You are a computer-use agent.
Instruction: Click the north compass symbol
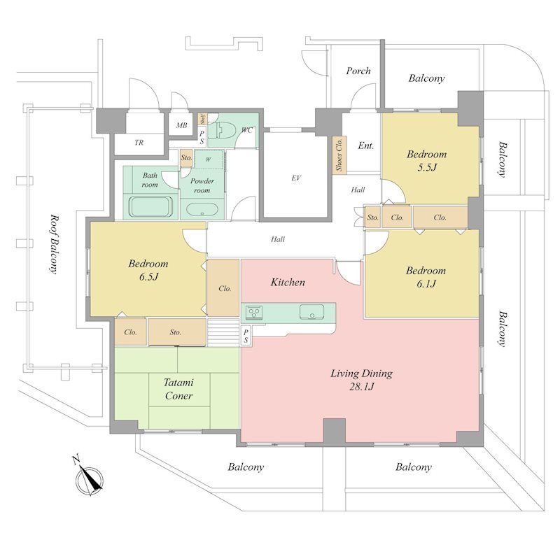[x=89, y=478]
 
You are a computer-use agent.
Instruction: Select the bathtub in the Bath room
[x=150, y=207]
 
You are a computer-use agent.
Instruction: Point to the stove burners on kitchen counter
[x=254, y=312]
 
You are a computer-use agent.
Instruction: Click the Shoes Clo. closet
[x=339, y=155]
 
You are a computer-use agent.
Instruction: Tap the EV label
[x=296, y=178]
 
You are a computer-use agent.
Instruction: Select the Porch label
[x=358, y=71]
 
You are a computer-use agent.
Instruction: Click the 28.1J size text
[x=361, y=386]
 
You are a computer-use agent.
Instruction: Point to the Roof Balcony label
[x=53, y=244]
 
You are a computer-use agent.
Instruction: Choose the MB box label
[x=181, y=125]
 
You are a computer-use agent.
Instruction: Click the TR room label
[x=139, y=143]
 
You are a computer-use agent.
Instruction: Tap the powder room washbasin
[x=202, y=209]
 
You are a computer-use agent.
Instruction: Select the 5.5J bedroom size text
[x=427, y=167]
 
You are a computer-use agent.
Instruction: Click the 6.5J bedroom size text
[x=148, y=277]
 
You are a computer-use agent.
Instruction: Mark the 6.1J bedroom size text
[x=426, y=284]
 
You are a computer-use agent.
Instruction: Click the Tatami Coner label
[x=178, y=389]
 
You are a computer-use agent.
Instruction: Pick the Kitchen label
[x=288, y=283]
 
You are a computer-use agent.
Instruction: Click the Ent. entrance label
[x=366, y=145]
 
